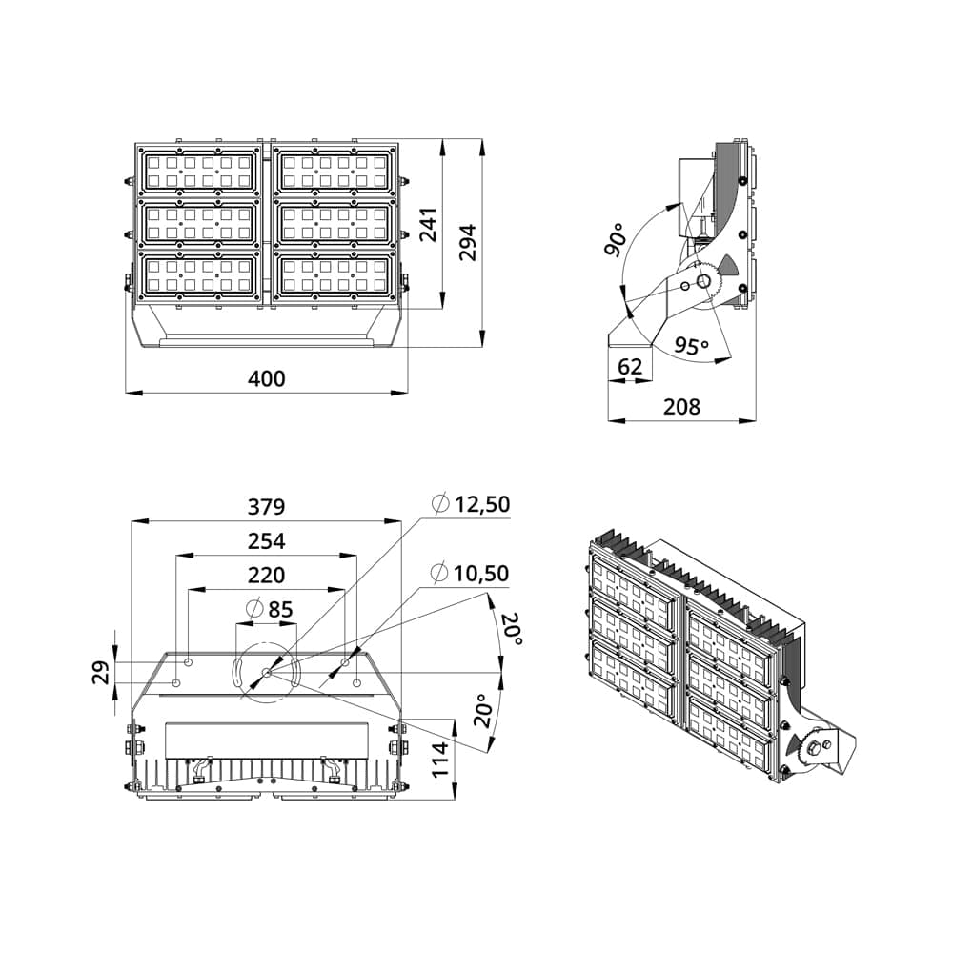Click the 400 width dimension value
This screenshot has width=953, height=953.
pos(267,378)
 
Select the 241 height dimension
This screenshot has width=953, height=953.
pos(429,225)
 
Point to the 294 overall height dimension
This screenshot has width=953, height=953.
pos(467,243)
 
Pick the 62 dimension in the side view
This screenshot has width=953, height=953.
pos(630,366)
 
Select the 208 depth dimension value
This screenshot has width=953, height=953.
pos(681,407)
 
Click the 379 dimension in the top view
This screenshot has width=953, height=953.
pos(267,506)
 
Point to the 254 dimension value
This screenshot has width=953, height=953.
pos(267,541)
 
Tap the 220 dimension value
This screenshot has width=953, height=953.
pos(267,576)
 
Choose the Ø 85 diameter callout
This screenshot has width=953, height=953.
pos(269,608)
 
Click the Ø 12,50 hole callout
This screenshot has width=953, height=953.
pos(471,504)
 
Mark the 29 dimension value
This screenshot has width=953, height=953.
pos(100,672)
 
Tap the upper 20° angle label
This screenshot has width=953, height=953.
pos(512,630)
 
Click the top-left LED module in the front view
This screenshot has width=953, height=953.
pos(199,172)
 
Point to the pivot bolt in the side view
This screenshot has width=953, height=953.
pos(703,281)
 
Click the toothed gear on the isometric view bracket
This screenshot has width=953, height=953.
pos(813,748)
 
